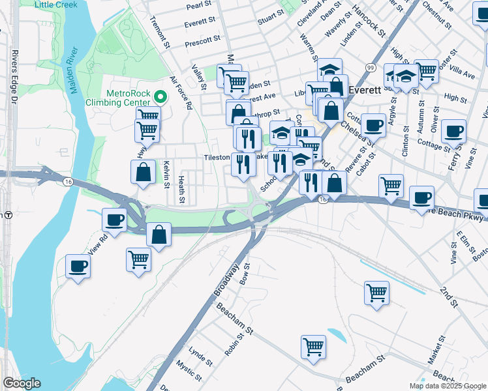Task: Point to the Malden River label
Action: click(73, 72)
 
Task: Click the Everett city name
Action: click(365, 90)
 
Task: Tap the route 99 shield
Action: click(370, 67)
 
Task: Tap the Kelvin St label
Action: click(167, 174)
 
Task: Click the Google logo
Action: click(21, 383)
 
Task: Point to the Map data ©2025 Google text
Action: click(448, 386)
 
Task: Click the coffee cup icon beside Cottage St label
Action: click(453, 131)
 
